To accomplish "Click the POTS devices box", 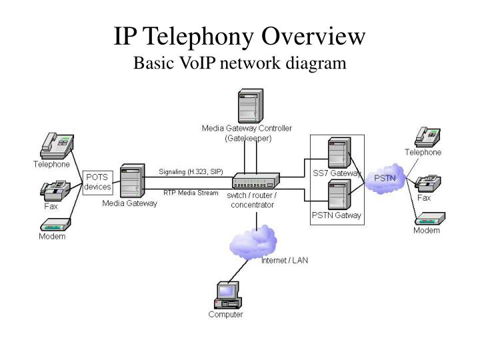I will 98,181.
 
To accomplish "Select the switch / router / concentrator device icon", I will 255,181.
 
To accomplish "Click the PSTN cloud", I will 384,178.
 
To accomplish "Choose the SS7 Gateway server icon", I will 338,153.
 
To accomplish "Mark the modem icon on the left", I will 52,225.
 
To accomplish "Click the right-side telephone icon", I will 425,135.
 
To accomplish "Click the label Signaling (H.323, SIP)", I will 191,171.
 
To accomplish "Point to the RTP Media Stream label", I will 191,192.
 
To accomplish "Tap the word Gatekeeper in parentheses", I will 247,137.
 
